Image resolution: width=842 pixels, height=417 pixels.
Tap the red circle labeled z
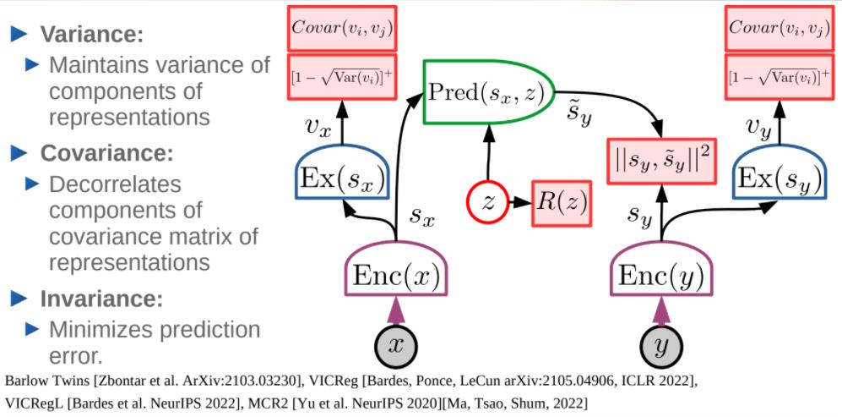pyautogui.click(x=487, y=202)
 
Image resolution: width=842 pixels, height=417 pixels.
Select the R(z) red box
pyautogui.click(x=560, y=202)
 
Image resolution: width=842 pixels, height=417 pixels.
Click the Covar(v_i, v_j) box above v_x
pyautogui.click(x=342, y=28)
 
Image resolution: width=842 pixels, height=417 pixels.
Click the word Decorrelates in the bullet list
pyautogui.click(x=115, y=184)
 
